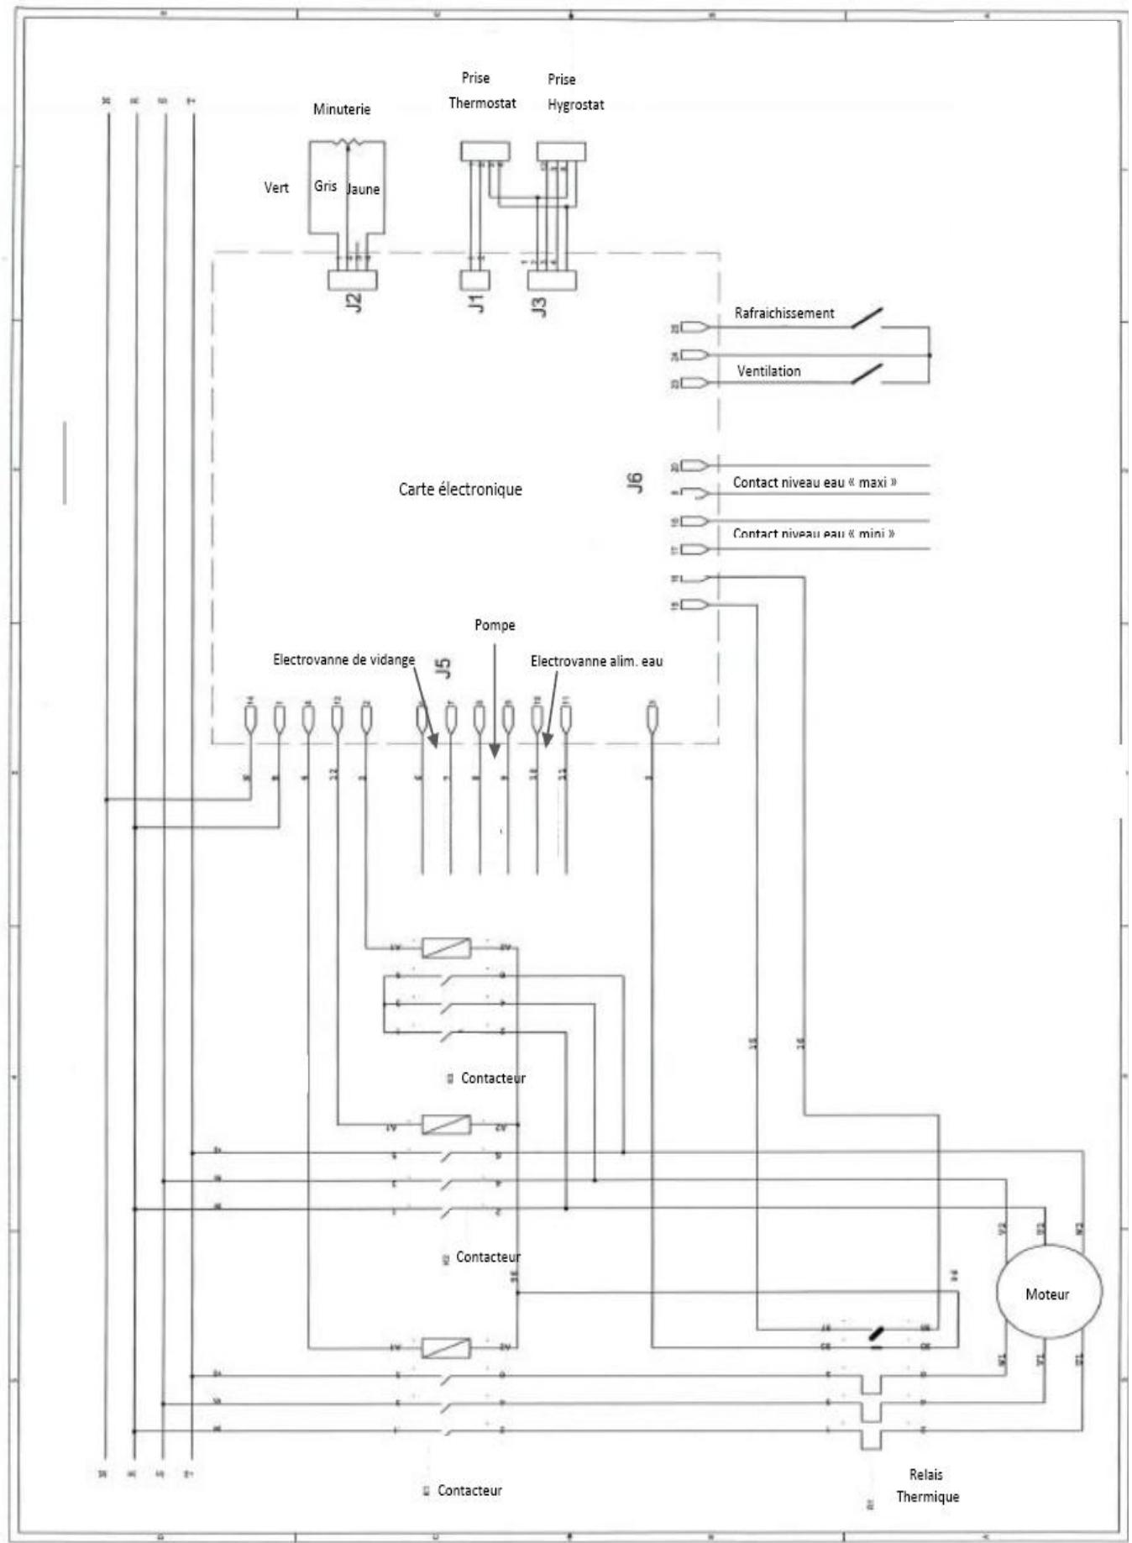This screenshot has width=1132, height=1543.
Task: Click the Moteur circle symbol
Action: coord(1048,1294)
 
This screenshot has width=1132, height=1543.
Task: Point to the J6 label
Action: coord(635,481)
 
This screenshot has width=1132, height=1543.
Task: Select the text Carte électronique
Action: coord(459,489)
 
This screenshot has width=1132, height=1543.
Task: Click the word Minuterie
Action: coord(341,109)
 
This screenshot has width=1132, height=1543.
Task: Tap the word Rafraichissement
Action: coord(783,313)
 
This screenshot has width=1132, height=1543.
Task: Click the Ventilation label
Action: coord(768,370)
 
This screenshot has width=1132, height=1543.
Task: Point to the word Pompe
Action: coord(495,625)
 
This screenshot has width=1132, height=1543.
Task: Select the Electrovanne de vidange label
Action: coord(343,659)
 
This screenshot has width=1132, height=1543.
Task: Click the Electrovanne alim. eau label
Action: coord(596,661)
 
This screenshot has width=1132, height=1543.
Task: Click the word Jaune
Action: coord(364,189)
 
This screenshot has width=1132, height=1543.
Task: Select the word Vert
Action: coord(276,187)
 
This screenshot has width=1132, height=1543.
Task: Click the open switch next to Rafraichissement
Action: coord(867,318)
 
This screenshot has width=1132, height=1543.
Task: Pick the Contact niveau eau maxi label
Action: coord(814,482)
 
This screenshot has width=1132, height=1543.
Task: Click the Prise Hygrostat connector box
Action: coord(561,151)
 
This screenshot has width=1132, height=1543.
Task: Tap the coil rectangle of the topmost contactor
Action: coord(446,947)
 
